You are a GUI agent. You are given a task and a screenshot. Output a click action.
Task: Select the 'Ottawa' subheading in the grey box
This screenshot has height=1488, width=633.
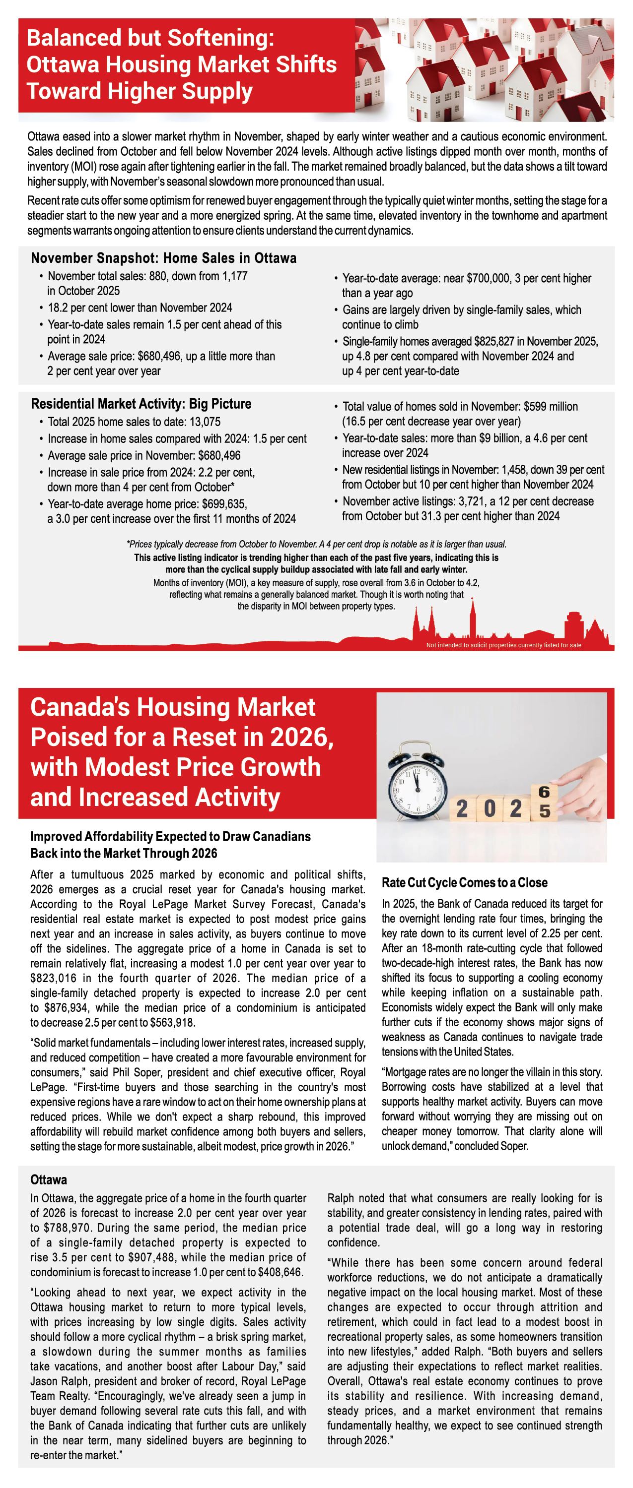click(49, 1179)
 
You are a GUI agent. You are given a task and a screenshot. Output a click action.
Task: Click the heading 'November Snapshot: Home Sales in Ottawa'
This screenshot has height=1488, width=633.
click(164, 258)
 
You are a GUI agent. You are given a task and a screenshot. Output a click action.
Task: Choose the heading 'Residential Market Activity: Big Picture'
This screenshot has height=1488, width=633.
click(141, 404)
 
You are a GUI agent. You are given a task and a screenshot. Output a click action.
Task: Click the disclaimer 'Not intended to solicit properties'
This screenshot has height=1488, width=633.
click(504, 645)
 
